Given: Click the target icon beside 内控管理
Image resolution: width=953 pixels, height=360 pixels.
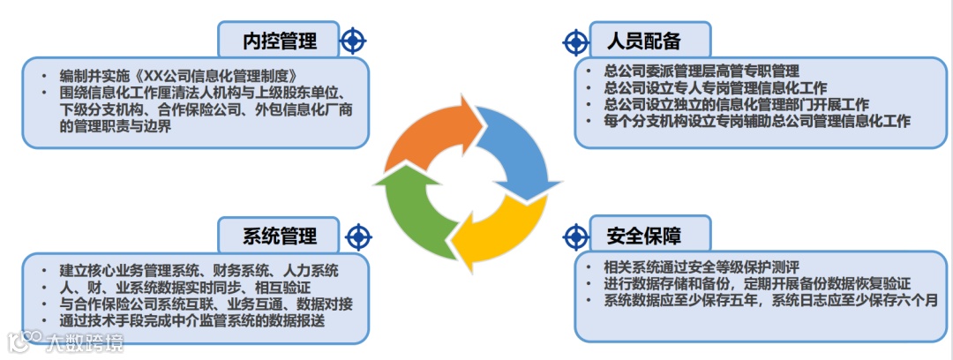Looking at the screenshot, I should (352, 40).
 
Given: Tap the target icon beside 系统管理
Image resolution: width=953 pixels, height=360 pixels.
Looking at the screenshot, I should (357, 236).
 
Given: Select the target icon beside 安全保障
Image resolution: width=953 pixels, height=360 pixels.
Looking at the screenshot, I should (575, 236).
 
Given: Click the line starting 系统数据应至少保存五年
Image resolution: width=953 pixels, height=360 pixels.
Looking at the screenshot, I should (776, 301).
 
